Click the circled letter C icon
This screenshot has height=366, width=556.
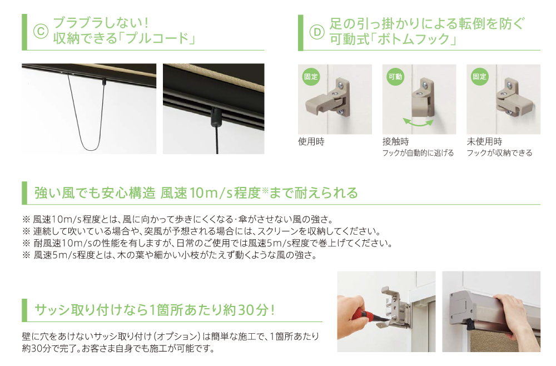[41, 32]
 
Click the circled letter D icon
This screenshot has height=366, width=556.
[317, 32]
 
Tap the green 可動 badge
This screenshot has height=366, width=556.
[395, 77]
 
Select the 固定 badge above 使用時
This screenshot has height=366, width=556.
[311, 77]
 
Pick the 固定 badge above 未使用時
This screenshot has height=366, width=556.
[479, 77]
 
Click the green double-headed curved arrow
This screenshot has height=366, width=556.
[419, 125]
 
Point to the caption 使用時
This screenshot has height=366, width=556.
[311, 142]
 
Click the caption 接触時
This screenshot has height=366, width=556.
[395, 142]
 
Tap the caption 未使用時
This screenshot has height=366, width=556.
[484, 142]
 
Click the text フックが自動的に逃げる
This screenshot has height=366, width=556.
[418, 153]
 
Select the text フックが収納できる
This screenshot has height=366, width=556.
[499, 153]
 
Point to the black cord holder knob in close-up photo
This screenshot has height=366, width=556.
[216, 116]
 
